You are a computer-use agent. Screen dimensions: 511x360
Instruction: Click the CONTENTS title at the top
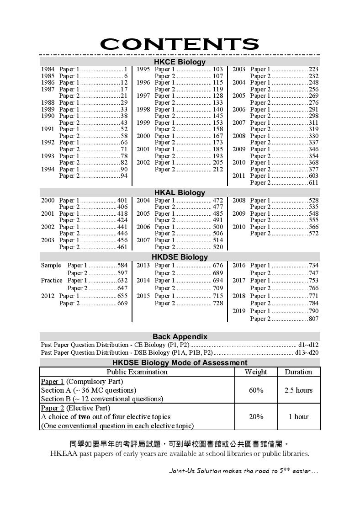pos(180,44)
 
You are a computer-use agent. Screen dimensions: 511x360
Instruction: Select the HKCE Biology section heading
pos(180,62)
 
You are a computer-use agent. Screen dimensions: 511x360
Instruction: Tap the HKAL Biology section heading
pos(180,192)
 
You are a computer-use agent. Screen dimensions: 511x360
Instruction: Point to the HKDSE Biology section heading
pos(180,257)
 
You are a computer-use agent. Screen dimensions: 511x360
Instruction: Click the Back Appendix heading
pos(180,336)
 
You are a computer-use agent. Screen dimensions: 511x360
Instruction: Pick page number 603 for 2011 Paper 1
pos(313,176)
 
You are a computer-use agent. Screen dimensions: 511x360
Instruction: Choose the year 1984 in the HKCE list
pos(48,69)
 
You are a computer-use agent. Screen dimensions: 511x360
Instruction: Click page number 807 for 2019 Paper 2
pos(313,319)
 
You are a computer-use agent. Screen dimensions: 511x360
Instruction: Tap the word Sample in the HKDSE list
pos(51,265)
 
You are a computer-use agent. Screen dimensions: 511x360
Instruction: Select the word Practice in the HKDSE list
pos(52,280)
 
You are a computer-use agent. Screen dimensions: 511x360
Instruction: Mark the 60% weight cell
pos(256,390)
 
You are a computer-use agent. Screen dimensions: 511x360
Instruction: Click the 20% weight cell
pos(256,416)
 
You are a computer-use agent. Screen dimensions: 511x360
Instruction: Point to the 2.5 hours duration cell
pos(298,390)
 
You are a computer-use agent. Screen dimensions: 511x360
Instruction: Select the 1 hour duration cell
pos(298,416)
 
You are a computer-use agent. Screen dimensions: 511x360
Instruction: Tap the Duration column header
pos(298,372)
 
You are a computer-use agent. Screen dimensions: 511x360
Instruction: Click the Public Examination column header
pos(137,372)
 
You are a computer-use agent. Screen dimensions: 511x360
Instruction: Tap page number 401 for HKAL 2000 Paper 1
pos(122,201)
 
